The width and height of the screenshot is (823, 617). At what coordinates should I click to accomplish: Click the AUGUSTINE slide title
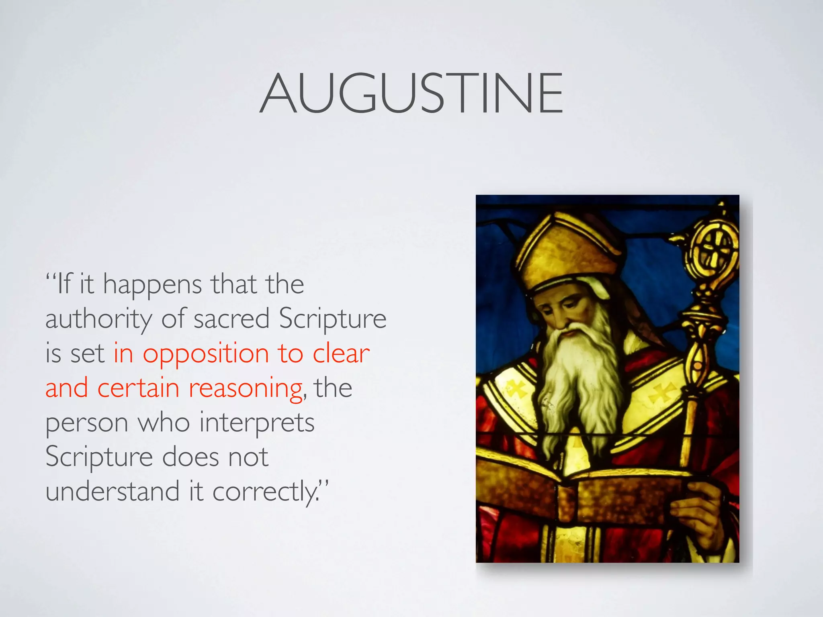click(411, 93)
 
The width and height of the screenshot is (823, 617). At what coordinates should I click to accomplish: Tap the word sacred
click(231, 319)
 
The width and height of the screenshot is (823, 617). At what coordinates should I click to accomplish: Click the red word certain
click(138, 388)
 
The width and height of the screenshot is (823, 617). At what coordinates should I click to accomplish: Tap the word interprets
click(257, 423)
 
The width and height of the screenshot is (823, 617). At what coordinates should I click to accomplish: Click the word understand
click(112, 492)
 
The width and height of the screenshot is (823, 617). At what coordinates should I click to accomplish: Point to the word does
click(190, 457)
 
